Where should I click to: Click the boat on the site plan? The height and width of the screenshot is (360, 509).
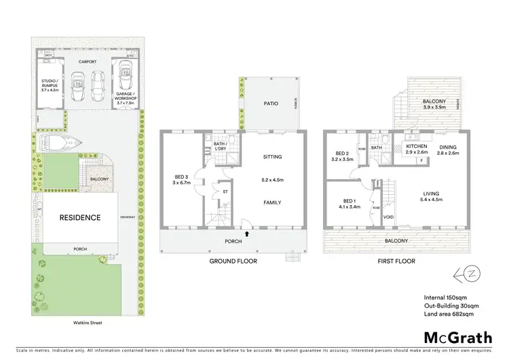(x=61, y=143)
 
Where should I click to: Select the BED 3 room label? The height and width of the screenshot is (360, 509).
(x=181, y=179)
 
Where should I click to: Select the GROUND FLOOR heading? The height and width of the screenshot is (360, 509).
(x=233, y=261)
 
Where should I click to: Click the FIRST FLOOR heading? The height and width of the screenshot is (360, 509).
(x=395, y=261)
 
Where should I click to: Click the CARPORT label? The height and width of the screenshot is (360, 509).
(x=86, y=61)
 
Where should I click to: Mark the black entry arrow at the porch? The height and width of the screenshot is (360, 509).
(x=246, y=234)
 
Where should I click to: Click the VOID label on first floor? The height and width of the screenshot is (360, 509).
(x=389, y=218)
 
